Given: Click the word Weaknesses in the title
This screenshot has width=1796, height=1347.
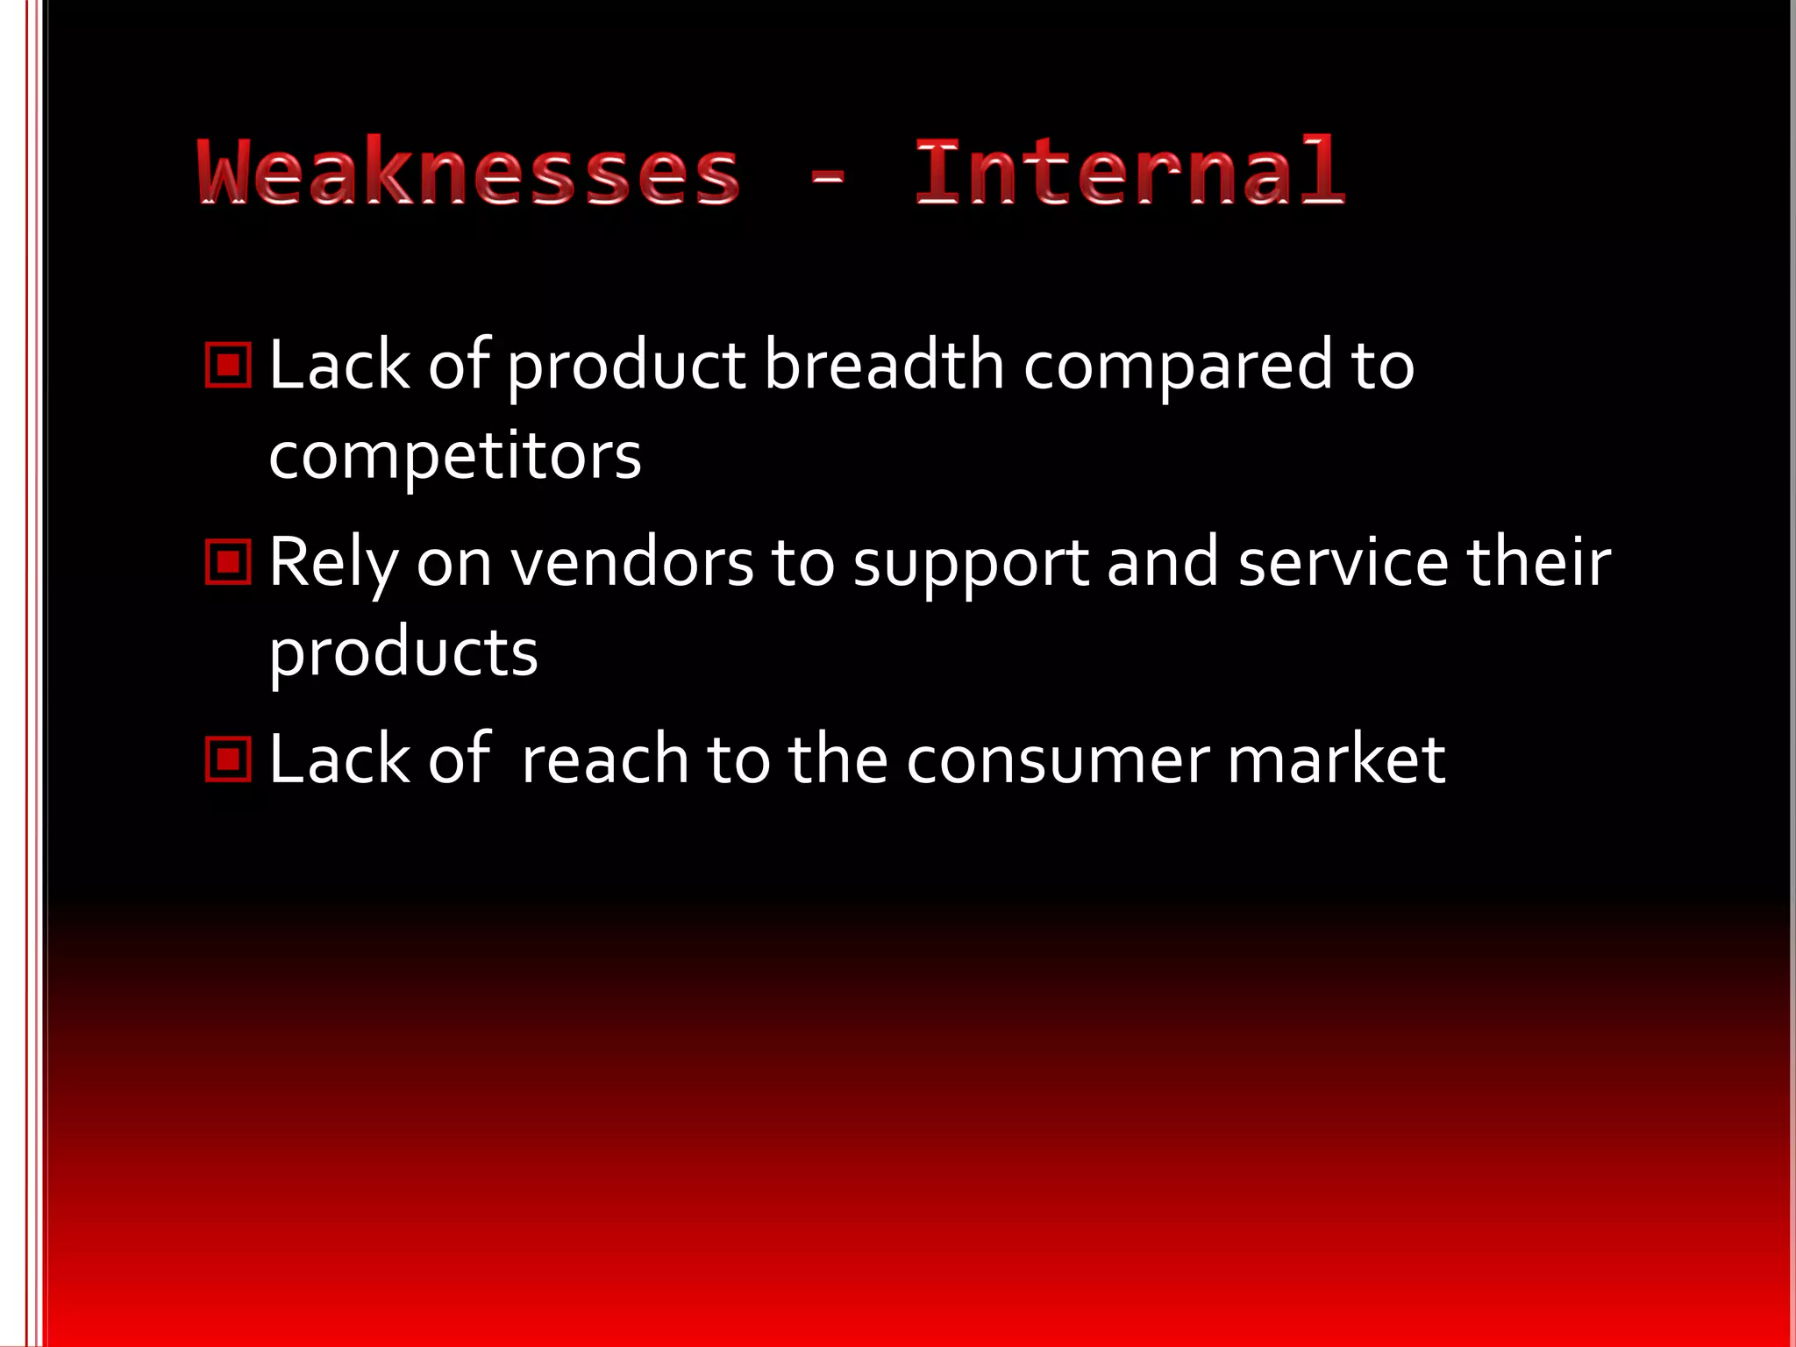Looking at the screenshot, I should click(469, 173).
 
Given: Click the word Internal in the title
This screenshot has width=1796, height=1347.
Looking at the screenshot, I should click(1130, 173).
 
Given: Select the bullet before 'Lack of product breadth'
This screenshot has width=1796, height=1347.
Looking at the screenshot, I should click(228, 365).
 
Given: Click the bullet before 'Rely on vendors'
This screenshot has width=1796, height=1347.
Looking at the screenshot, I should click(228, 561).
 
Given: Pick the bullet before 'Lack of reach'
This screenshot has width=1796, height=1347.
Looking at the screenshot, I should click(228, 758).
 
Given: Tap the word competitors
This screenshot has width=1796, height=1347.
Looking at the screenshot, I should click(455, 457).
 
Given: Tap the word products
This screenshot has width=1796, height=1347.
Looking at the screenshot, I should click(403, 654).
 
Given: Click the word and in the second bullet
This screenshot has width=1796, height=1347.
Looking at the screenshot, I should click(1163, 562).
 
